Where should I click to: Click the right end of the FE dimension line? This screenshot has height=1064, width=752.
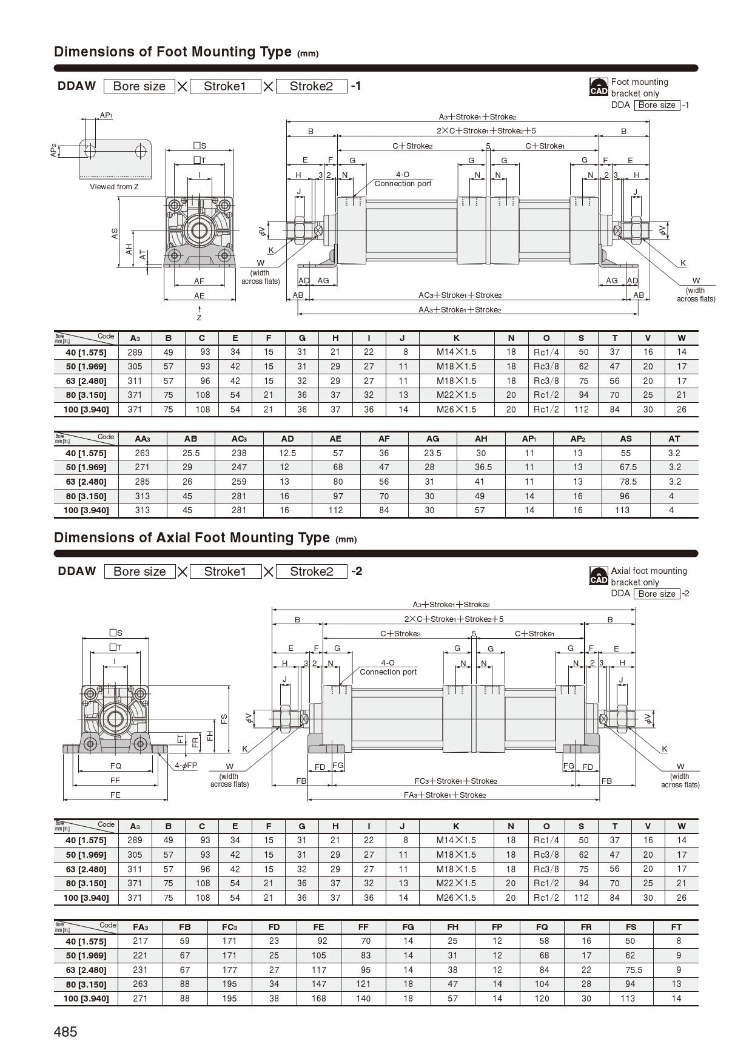167,800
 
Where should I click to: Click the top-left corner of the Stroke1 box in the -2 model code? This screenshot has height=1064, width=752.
190,565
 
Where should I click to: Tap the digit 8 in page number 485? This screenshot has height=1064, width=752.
65,1032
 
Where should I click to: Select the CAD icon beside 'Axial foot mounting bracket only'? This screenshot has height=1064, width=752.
598,576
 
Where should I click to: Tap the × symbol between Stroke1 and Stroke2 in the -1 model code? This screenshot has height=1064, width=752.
269,87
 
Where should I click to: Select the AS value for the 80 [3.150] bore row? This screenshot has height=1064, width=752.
625,496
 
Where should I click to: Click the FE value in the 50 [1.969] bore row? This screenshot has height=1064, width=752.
319,955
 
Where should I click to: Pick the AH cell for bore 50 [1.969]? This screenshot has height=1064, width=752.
481,467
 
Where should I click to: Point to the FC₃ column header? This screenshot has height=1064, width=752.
229,927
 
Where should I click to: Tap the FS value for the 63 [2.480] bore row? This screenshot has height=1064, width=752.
631,970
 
